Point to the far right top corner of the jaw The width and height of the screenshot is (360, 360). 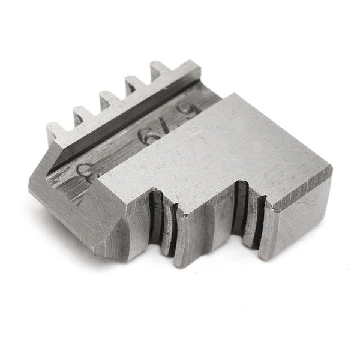331,169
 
